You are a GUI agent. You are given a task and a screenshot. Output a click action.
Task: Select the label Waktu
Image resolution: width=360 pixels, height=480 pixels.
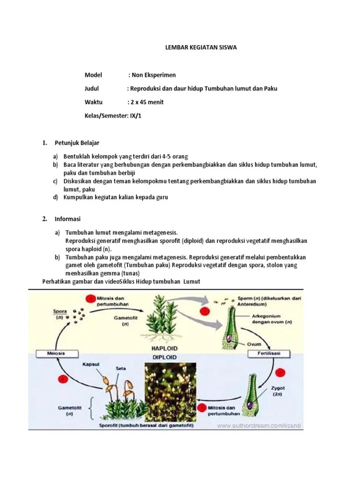(93, 102)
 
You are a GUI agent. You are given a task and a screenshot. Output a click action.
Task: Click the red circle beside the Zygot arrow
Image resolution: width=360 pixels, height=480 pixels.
(280, 373)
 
